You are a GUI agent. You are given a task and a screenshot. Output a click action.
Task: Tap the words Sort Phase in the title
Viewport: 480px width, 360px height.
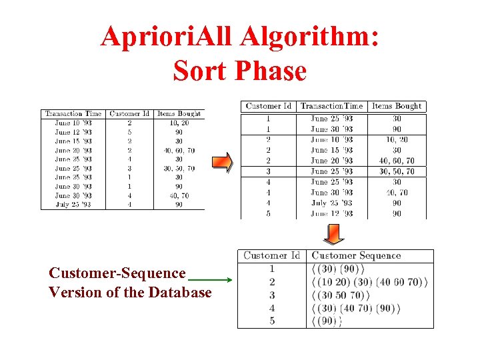(x=239, y=71)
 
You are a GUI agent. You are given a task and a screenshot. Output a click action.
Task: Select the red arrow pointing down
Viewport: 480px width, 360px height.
(x=333, y=233)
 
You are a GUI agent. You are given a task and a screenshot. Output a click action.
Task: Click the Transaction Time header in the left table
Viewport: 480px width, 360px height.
(x=73, y=114)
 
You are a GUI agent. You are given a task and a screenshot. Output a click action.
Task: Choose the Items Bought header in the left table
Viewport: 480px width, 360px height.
(x=179, y=114)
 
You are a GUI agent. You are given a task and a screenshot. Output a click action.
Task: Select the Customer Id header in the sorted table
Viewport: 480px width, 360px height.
(x=268, y=106)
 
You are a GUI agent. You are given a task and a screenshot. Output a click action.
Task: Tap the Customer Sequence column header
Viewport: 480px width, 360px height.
(x=356, y=255)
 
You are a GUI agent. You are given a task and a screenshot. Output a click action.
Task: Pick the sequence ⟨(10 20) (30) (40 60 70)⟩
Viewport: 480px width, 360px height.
(x=369, y=282)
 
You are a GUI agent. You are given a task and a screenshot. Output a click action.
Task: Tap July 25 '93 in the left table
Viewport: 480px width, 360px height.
(x=73, y=205)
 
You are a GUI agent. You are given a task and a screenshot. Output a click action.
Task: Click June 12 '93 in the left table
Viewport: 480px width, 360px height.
(x=73, y=132)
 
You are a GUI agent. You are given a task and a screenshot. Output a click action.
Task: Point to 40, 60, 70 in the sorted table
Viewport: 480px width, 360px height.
(x=397, y=161)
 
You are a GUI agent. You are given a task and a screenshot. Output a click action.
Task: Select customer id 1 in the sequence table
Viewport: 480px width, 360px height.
(x=271, y=269)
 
